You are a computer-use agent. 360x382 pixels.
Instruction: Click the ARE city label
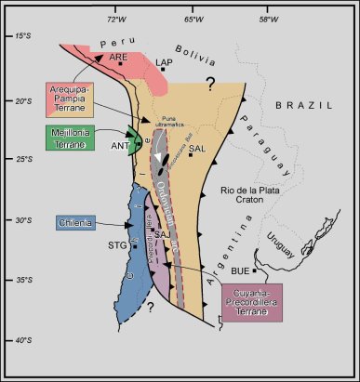[117, 57]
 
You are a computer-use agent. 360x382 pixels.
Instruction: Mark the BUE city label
[240, 270]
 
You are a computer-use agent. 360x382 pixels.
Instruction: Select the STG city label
[117, 246]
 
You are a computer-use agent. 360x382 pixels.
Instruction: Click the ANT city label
[120, 145]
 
